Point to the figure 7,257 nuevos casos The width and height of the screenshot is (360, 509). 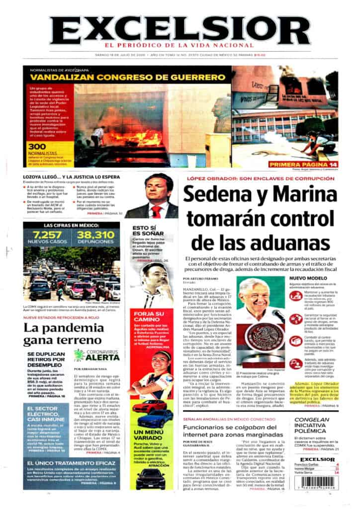(x=47, y=236)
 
